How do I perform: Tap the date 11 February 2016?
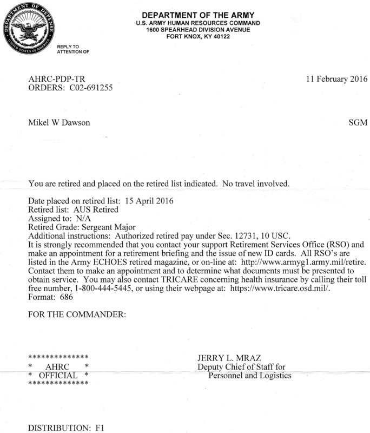coord(336,79)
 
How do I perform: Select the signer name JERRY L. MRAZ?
coord(229,358)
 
